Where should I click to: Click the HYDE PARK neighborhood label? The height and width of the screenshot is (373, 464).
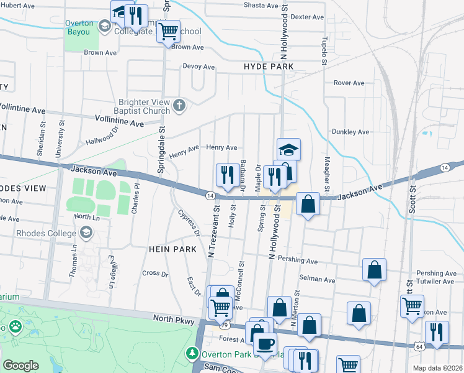point(268,67)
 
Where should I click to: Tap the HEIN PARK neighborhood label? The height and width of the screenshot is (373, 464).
point(172,249)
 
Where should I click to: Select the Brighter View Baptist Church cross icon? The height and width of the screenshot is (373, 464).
point(179,105)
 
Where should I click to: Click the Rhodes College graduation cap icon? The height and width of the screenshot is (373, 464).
point(87,233)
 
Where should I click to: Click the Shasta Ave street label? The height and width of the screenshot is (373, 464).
point(261,5)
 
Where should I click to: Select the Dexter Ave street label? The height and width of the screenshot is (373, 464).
point(307,17)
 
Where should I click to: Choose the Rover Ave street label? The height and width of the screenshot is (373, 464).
point(349,83)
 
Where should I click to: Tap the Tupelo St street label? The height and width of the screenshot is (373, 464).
point(324,50)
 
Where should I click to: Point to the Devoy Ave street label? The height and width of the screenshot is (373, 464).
point(199,67)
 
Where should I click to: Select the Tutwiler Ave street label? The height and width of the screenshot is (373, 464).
point(436,281)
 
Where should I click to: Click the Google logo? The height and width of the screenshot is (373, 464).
point(20,366)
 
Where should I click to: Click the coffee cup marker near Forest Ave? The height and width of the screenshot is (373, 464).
point(265,344)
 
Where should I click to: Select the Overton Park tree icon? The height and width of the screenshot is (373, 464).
point(192,354)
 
